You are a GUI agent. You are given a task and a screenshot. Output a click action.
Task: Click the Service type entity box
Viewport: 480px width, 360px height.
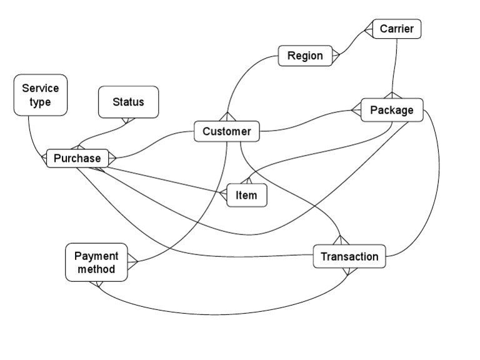coord(41,96)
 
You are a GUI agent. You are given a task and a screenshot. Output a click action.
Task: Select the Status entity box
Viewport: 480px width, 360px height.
coord(128,102)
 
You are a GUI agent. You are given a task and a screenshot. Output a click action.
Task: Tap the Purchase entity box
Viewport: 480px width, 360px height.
coord(77,158)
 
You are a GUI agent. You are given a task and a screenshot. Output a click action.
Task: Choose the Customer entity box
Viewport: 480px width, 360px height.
coord(226,131)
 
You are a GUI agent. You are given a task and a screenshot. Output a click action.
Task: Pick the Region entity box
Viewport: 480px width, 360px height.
coord(305,56)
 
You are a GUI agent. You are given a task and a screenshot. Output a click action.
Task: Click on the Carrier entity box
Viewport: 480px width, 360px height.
coord(396,29)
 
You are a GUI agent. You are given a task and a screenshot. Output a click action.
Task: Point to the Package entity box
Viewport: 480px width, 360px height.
coord(392,110)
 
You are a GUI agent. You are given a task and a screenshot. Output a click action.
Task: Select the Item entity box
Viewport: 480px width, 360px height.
coord(246,195)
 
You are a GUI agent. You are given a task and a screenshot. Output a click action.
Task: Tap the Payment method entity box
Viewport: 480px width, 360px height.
coord(96,262)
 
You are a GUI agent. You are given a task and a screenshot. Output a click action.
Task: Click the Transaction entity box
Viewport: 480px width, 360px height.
coord(349,256)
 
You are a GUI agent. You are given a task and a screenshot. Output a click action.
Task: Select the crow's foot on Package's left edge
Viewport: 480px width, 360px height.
coord(356,111)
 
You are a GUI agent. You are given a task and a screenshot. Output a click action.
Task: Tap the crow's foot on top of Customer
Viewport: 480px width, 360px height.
coord(226,117)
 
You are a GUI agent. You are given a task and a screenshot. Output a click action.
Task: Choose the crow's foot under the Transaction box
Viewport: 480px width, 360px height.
coord(349,272)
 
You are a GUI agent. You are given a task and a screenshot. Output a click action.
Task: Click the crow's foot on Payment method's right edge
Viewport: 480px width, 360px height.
coord(132,262)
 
